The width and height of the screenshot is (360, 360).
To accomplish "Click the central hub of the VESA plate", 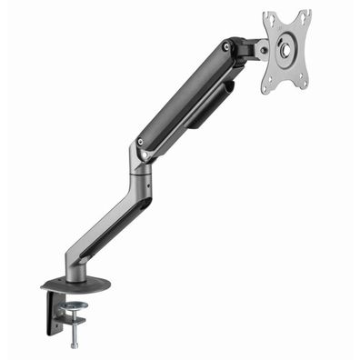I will click(x=286, y=51).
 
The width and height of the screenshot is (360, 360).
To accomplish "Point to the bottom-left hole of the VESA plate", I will click(x=269, y=87).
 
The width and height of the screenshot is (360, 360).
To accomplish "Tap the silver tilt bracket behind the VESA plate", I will click(x=257, y=50).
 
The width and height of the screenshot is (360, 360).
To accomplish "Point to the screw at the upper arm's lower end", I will click(x=140, y=141).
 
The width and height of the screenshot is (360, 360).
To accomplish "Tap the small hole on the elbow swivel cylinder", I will click(x=135, y=170).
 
